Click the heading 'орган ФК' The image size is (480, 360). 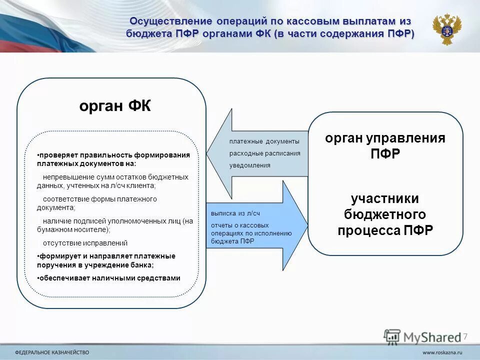pyautogui.click(x=114, y=107)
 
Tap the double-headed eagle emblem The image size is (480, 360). pyautogui.click(x=446, y=29)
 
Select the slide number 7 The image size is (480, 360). pyautogui.click(x=465, y=336)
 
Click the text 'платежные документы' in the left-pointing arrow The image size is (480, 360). pyautogui.click(x=264, y=141)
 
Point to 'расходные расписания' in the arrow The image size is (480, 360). pyautogui.click(x=264, y=153)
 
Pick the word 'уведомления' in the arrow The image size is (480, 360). pyautogui.click(x=249, y=165)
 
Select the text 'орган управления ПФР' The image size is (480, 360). pyautogui.click(x=385, y=145)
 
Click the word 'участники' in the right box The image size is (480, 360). pyautogui.click(x=384, y=198)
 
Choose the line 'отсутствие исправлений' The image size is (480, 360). pyautogui.click(x=85, y=243)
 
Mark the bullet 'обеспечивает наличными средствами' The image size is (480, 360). pyautogui.click(x=109, y=278)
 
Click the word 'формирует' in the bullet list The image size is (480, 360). pyautogui.click(x=56, y=256)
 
